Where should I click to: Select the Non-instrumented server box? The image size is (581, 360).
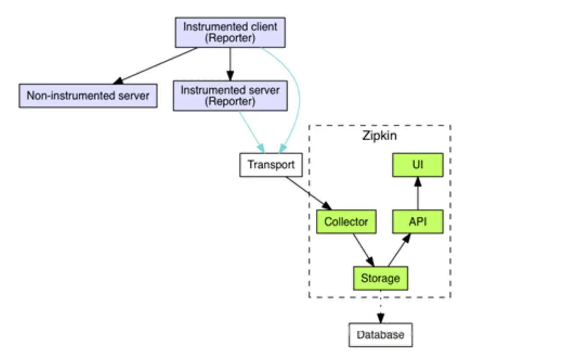point(88,96)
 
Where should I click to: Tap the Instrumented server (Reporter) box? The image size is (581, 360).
point(230,96)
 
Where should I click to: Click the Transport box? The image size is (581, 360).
point(271,165)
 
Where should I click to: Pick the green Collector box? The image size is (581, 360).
point(346,222)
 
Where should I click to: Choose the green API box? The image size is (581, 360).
point(417,222)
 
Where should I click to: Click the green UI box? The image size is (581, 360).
point(417,165)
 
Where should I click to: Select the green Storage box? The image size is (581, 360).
point(380,278)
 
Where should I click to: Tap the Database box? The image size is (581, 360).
point(380,335)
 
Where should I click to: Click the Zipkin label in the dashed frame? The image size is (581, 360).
point(379,135)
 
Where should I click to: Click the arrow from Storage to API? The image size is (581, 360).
point(399,250)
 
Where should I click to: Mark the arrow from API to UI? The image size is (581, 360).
point(417,193)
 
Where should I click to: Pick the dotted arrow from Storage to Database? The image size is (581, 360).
point(380,307)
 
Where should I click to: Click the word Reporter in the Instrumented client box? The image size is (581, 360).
point(230,38)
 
